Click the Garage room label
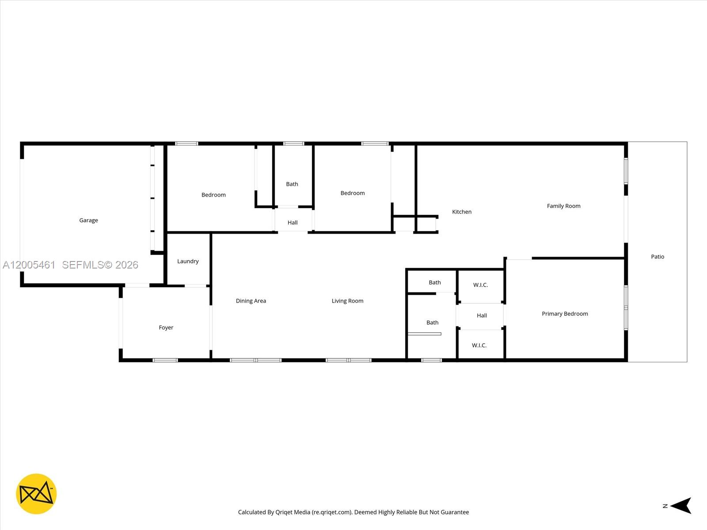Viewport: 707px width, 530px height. click(x=88, y=220)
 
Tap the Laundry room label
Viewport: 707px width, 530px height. click(x=188, y=261)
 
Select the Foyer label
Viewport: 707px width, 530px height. click(x=166, y=328)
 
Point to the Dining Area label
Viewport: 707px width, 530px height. click(x=251, y=301)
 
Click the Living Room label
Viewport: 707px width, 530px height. click(x=347, y=301)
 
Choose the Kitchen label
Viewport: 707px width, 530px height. click(x=462, y=212)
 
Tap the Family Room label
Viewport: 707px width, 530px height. click(x=563, y=206)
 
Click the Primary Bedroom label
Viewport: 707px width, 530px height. click(x=565, y=314)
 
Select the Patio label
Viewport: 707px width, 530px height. click(x=658, y=257)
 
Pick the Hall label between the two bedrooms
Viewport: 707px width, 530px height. click(x=293, y=223)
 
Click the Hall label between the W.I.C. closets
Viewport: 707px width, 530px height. click(x=482, y=316)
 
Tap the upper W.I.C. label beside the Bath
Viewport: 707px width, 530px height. click(x=480, y=285)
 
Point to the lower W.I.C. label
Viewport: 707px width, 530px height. click(x=479, y=346)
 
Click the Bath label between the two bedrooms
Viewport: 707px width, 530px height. click(x=292, y=184)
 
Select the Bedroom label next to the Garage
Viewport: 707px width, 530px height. click(x=213, y=195)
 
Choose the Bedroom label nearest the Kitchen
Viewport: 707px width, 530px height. click(x=353, y=193)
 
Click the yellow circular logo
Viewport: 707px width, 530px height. click(x=36, y=494)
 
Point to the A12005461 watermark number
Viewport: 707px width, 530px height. click(x=29, y=265)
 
